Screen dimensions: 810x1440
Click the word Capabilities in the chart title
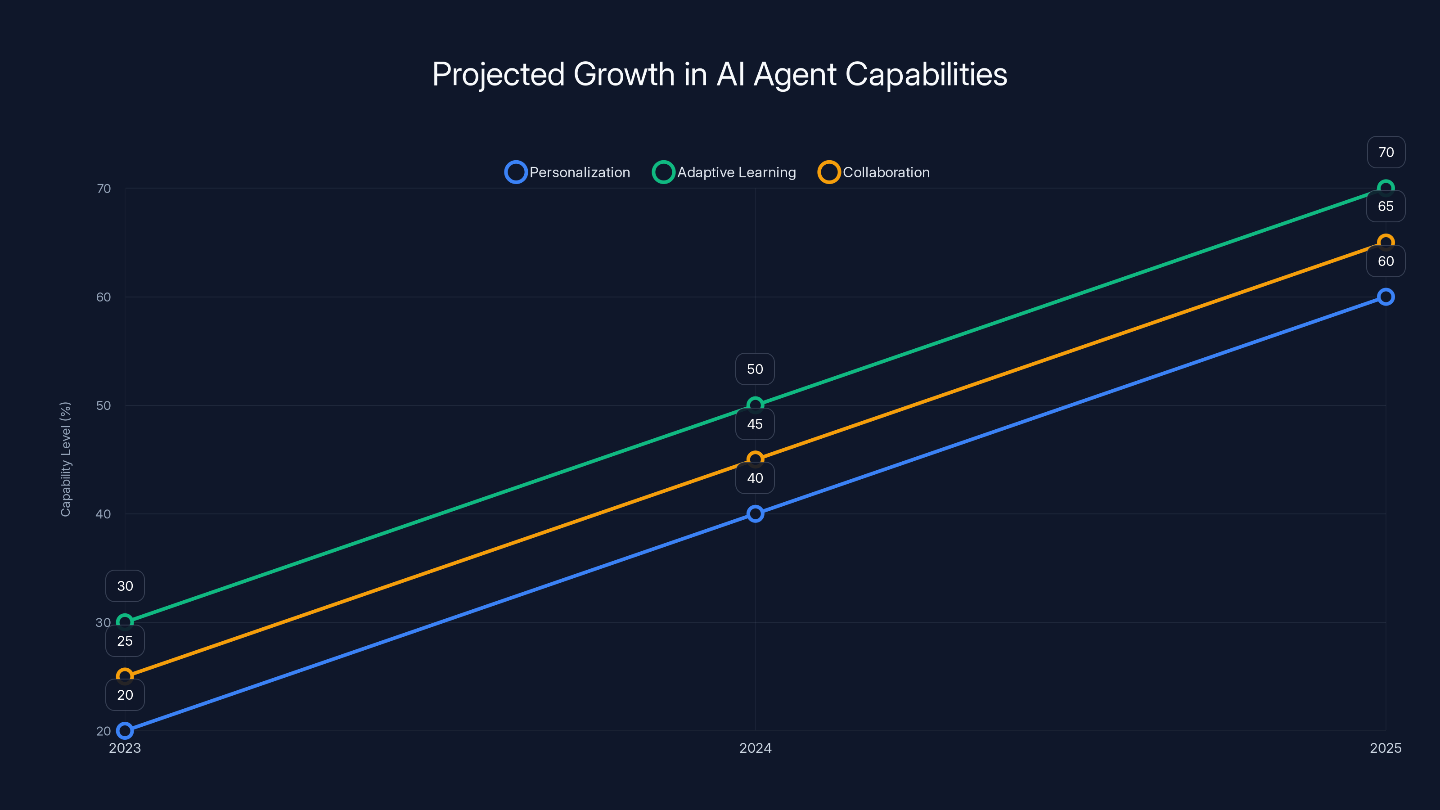click(926, 74)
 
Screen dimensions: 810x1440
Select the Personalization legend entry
click(568, 172)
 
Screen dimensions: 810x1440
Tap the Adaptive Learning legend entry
click(724, 172)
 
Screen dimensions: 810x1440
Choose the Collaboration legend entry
click(874, 172)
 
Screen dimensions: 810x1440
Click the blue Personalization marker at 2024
click(755, 514)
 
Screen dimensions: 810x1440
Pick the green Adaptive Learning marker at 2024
click(755, 405)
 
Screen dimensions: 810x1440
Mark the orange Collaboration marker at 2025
click(1385, 243)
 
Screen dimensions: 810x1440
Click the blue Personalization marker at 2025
click(1385, 297)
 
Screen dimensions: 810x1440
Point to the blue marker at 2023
click(125, 731)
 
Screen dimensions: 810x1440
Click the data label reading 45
click(755, 424)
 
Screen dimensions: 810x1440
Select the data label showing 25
click(125, 641)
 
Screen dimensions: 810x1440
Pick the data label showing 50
click(755, 369)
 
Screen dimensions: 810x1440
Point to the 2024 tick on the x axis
click(755, 748)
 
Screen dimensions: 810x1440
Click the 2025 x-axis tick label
click(1385, 748)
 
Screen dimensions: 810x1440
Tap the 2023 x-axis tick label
click(125, 748)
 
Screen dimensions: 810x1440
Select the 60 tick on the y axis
click(103, 297)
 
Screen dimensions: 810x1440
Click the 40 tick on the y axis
click(103, 514)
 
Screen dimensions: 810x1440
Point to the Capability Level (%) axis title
click(65, 459)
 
